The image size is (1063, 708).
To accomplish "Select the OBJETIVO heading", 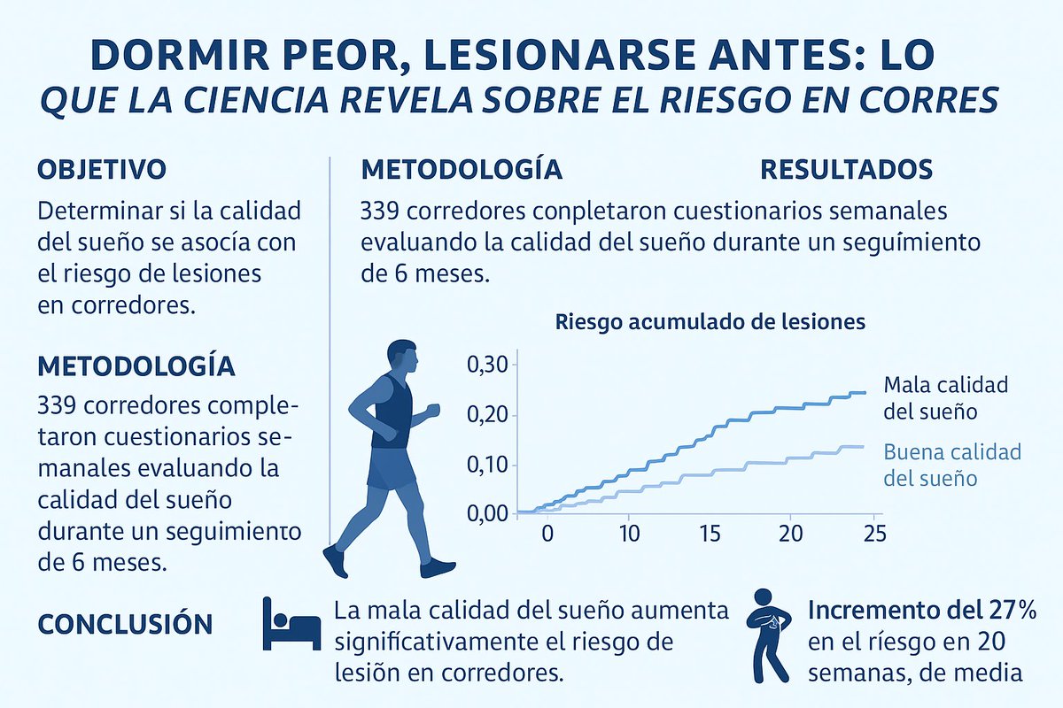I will coord(102,169).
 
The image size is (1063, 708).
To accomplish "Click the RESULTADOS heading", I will coord(846,169).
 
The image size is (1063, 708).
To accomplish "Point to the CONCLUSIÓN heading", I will coord(125,624).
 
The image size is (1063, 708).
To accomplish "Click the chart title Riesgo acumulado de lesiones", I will coord(710,322).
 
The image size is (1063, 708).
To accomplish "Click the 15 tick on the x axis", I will coord(710,534).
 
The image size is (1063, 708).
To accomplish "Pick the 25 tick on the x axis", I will coord(873,534).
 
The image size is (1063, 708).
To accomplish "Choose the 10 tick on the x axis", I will coord(629,534).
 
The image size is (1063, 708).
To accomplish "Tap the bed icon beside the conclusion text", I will coord(291,623).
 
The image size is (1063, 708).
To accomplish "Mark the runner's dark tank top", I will coord(392,412).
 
